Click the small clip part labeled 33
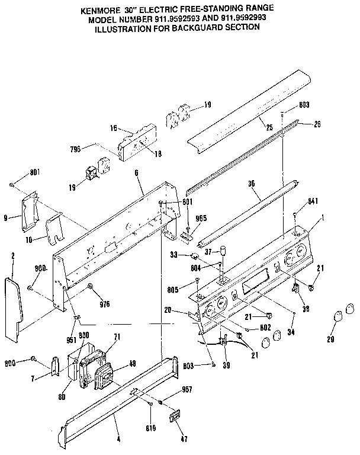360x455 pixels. tap(193, 256)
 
